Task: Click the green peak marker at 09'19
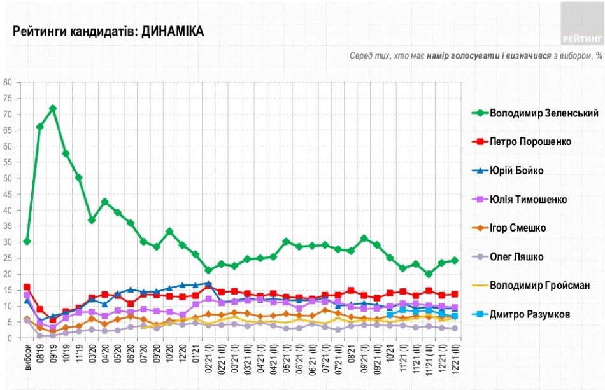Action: coord(53,108)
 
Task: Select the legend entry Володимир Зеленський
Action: coord(544,113)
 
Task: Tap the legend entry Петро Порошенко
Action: coord(530,141)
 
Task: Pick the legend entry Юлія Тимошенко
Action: coord(529,199)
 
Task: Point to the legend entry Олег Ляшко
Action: coord(517,256)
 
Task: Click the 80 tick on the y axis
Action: coord(9,82)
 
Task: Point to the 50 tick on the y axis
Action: coord(9,178)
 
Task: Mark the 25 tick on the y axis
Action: coord(9,258)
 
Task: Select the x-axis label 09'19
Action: coord(53,354)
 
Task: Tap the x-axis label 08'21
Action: coord(351,354)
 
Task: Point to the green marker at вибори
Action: coord(27,241)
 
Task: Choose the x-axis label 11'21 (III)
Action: coord(429,358)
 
